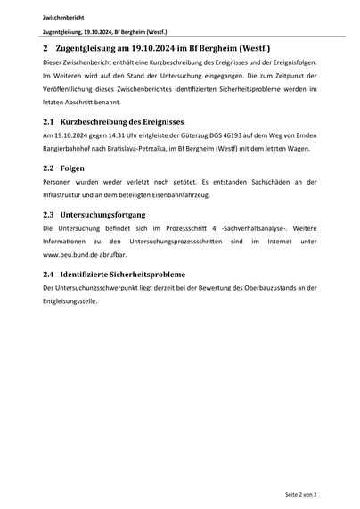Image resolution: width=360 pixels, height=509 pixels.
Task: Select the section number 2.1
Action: click(50, 120)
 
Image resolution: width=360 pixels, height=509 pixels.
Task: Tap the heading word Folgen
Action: click(72, 168)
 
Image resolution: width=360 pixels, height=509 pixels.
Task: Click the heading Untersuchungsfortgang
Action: click(109, 215)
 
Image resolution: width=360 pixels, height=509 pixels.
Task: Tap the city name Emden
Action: click(303, 135)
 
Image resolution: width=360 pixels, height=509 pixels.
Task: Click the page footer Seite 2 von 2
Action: click(300, 493)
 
